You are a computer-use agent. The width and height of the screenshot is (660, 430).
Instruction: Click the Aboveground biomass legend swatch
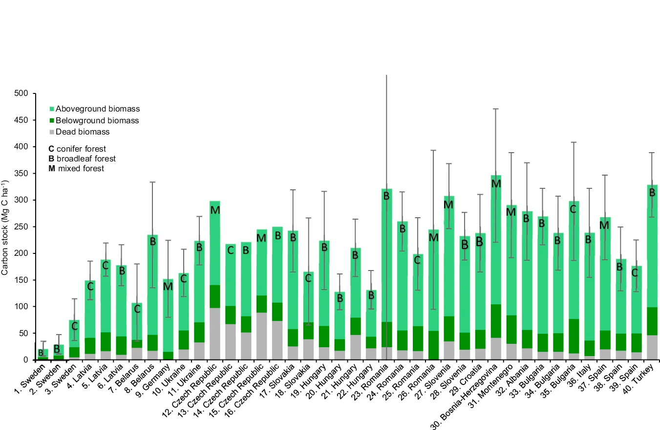pyautogui.click(x=52, y=109)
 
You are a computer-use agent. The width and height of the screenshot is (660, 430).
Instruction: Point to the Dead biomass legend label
pyautogui.click(x=83, y=132)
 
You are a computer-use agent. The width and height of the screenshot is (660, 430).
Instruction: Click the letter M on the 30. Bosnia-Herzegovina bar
pyautogui.click(x=496, y=184)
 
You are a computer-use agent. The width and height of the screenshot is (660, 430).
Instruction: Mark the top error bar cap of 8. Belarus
pyautogui.click(x=152, y=182)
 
